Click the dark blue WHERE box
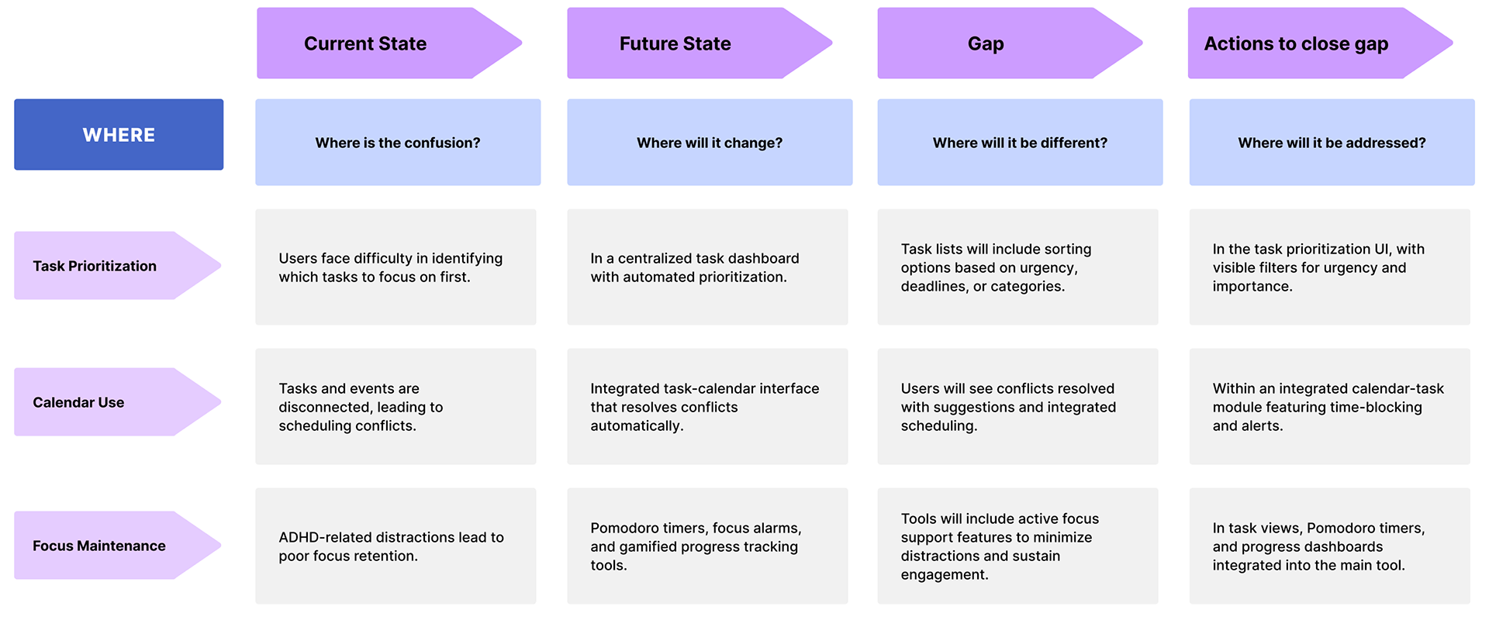(x=119, y=134)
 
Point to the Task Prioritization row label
(x=117, y=266)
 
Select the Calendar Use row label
(x=117, y=402)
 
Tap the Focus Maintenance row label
(x=117, y=546)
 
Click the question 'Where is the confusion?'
(x=398, y=142)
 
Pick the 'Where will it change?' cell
(x=710, y=142)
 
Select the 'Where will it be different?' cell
(x=1020, y=142)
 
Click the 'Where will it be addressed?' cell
(x=1332, y=142)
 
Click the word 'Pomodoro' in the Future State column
(x=626, y=528)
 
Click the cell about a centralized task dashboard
(x=707, y=267)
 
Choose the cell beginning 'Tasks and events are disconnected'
(x=396, y=406)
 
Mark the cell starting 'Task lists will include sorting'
(x=1017, y=267)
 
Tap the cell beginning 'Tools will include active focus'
(x=1017, y=546)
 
